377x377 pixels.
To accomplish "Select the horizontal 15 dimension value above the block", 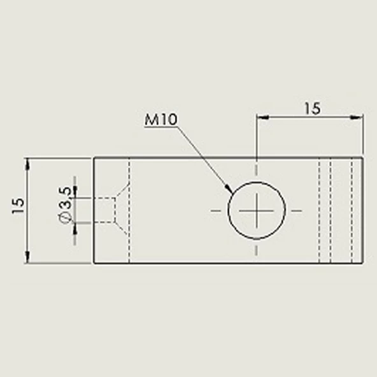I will click(x=311, y=108).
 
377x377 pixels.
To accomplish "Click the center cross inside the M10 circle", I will click(x=257, y=210).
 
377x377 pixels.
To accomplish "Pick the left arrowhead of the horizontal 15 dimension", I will click(x=260, y=117).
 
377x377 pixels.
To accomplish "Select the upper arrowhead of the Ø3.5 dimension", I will click(x=75, y=193).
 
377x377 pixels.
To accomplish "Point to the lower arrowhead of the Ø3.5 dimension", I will click(x=75, y=227).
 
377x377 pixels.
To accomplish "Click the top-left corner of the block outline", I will click(x=94, y=157).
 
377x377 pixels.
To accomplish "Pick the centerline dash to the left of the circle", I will click(x=217, y=210).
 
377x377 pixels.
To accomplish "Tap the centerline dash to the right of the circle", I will click(x=297, y=210).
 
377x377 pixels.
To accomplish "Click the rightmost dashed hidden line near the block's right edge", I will click(x=352, y=210).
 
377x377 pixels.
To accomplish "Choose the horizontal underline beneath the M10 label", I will click(x=159, y=127).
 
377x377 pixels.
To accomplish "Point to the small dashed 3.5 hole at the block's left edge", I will click(x=104, y=210).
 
